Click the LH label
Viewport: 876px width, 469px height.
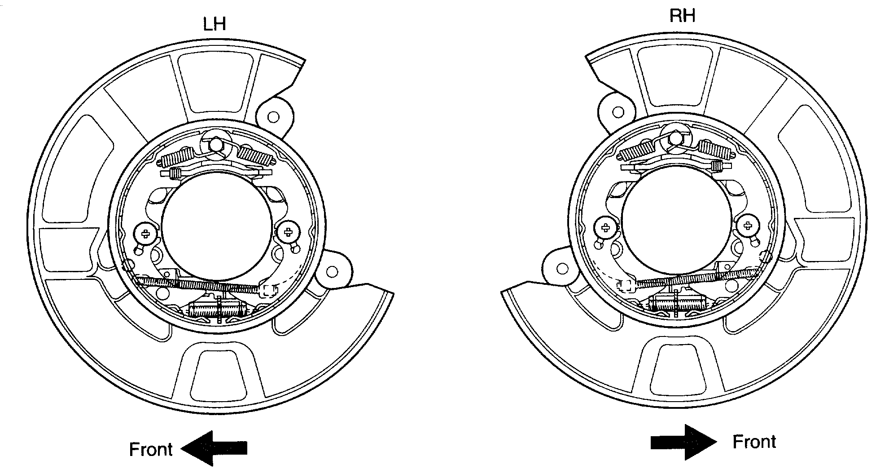click(215, 24)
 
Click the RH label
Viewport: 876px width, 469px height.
click(682, 16)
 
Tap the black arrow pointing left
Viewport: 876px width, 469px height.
click(214, 448)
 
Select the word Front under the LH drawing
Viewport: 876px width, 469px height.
click(151, 449)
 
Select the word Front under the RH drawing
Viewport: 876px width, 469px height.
click(754, 442)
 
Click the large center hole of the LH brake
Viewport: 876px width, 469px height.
click(217, 227)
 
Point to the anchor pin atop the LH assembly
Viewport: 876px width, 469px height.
click(216, 145)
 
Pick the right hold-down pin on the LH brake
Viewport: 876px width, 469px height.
click(288, 232)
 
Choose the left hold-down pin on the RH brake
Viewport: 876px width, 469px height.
click(605, 227)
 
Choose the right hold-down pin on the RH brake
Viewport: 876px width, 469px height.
click(748, 226)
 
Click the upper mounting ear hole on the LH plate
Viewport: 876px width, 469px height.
click(273, 117)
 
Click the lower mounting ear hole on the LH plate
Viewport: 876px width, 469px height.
click(332, 272)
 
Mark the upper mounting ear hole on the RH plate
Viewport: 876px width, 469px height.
click(618, 112)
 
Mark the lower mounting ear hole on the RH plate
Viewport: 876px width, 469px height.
click(562, 269)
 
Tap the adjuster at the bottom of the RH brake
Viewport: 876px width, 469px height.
click(677, 303)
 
